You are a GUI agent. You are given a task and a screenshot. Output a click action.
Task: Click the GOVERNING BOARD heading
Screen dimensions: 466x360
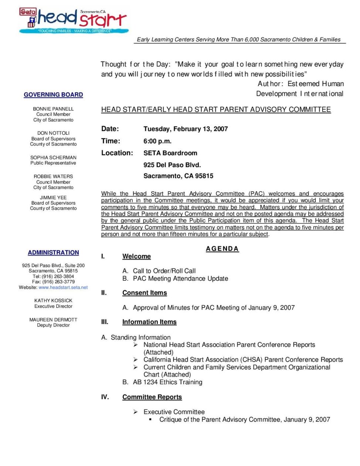53,95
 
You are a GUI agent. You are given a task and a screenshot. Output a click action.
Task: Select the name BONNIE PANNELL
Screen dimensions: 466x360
53,109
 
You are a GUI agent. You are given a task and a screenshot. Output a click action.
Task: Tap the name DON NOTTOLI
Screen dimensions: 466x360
53,133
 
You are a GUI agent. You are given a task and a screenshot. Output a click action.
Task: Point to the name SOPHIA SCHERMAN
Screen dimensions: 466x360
53,158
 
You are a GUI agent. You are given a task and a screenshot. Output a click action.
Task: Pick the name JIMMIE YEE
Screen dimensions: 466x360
53,197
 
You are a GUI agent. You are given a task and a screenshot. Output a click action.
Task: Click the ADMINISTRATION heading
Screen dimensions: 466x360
53,253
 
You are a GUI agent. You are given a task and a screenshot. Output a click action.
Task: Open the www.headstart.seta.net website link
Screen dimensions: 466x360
63,287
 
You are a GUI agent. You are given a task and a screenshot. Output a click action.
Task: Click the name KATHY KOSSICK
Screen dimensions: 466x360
53,301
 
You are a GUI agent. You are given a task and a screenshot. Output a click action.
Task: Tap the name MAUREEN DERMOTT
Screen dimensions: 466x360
53,320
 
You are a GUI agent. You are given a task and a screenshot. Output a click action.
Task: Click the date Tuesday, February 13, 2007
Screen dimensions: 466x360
186,129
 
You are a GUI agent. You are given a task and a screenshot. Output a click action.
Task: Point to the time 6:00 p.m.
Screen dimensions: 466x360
157,141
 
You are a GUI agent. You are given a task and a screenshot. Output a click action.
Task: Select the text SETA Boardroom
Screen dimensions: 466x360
170,153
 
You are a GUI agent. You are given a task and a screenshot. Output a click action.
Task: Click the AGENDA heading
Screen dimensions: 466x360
222,249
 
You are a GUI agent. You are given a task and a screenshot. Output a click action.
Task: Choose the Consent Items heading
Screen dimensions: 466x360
145,293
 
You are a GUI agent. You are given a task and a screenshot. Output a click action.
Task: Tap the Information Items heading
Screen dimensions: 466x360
149,322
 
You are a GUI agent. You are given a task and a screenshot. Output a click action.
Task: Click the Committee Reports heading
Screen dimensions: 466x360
152,397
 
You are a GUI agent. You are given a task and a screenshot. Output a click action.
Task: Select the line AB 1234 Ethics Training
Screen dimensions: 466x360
167,382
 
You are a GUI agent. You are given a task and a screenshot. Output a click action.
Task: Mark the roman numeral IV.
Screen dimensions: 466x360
105,397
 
